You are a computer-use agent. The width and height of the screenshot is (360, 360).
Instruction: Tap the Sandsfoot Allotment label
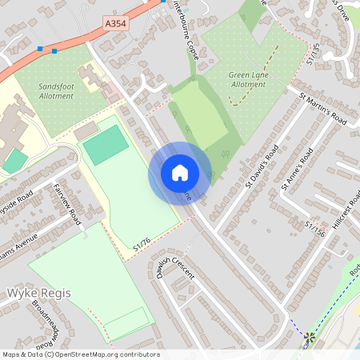pos(56,89)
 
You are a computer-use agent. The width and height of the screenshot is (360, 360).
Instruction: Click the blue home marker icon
pos(179,173)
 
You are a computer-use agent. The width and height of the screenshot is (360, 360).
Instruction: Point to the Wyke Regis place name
pos(38,293)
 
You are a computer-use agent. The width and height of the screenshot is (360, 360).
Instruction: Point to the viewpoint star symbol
pos(309,339)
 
